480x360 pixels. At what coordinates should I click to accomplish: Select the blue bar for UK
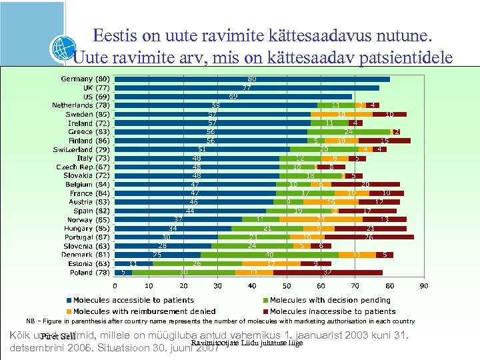[247, 87]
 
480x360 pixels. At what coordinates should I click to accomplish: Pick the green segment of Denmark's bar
[269, 255]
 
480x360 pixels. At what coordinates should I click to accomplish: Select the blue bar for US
[233, 97]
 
